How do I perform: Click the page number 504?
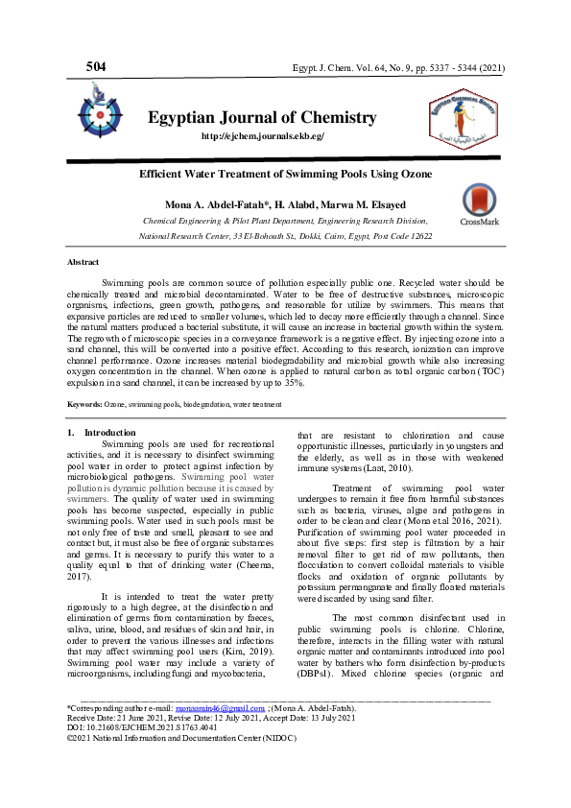tap(96, 66)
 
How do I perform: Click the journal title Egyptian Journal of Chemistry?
tap(262, 117)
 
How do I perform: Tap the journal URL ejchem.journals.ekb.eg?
tap(262, 136)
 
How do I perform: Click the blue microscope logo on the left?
tap(100, 110)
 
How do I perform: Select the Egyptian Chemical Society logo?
tap(462, 116)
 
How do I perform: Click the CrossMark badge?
tap(479, 205)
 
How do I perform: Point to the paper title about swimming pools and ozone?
tap(285, 174)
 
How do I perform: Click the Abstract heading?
tap(83, 262)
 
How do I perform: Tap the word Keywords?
tap(84, 405)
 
